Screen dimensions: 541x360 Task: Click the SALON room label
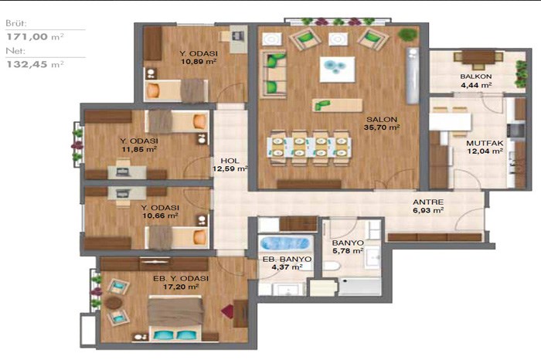(382, 119)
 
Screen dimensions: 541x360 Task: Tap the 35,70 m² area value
(382, 127)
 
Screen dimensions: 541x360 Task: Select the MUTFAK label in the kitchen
(485, 143)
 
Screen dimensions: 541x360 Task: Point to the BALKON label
(476, 76)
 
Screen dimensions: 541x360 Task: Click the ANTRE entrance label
(428, 202)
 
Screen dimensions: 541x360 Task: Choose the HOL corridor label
(230, 161)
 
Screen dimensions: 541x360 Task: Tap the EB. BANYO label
(287, 259)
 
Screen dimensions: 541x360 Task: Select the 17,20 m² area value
(181, 287)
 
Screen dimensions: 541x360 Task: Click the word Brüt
(16, 23)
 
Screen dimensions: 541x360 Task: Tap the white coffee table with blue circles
(337, 70)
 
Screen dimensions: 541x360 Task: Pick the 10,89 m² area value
(199, 62)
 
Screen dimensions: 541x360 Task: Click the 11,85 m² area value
(139, 149)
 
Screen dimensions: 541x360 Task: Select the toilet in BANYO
(332, 266)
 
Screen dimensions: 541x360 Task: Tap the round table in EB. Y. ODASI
(114, 302)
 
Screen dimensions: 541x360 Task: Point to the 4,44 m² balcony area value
(476, 85)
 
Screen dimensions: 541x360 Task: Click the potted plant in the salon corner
(407, 35)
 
